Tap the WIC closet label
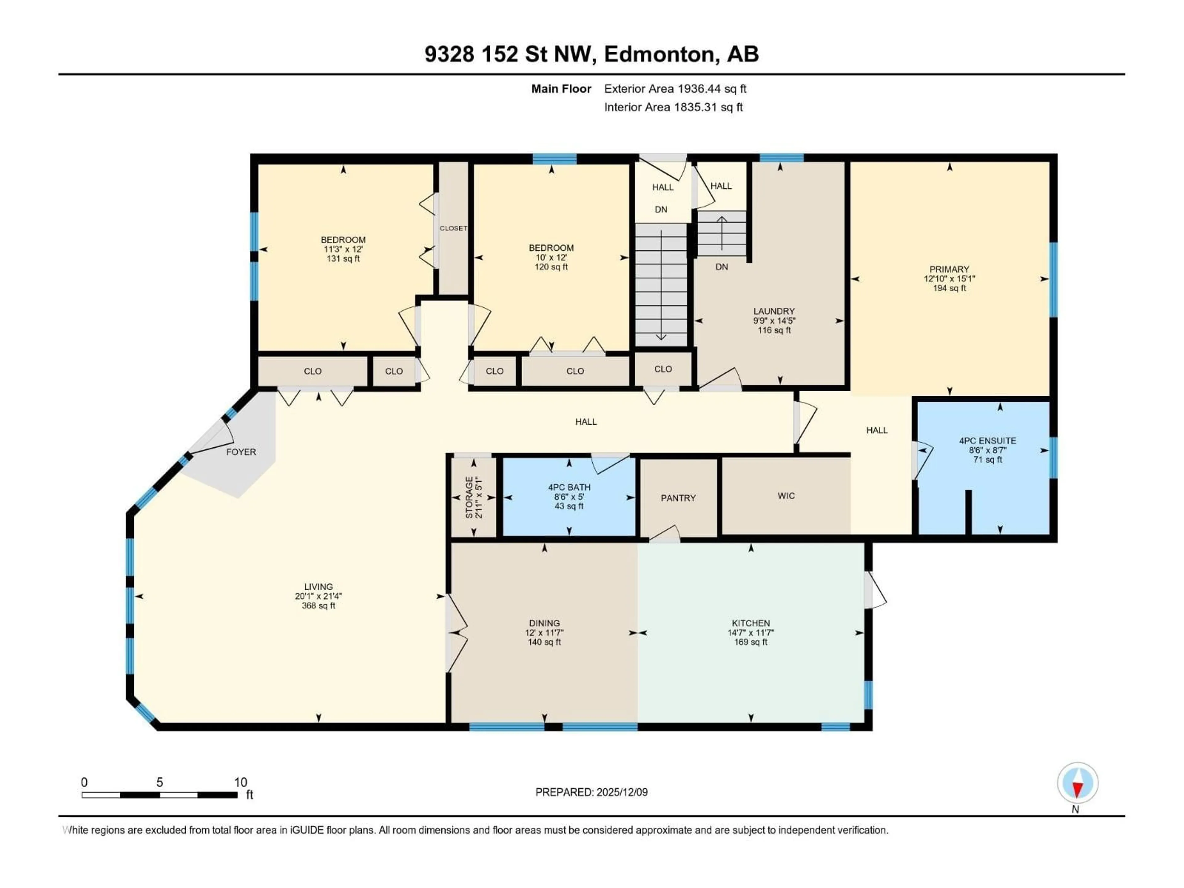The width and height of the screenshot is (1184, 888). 786,496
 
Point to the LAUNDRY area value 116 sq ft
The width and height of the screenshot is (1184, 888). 774,330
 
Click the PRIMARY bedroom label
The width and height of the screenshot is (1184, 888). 949,269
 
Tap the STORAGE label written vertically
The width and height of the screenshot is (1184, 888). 469,497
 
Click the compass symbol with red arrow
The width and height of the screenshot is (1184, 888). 1078,783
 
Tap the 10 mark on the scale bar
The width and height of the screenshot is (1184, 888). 240,782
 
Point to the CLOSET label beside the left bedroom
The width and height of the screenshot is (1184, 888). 453,228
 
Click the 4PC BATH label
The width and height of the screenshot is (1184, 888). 569,487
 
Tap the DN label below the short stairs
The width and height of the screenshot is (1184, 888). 721,267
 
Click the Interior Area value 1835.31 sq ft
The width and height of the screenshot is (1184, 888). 708,107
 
